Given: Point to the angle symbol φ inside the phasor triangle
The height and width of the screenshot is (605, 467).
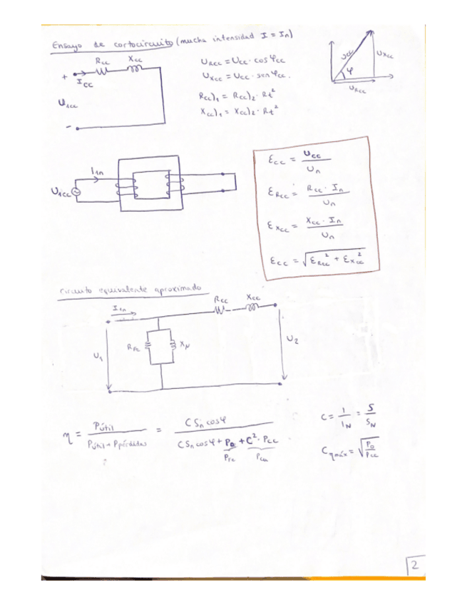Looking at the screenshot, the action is (x=351, y=71).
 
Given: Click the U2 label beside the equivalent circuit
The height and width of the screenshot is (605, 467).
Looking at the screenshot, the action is (x=292, y=340).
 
